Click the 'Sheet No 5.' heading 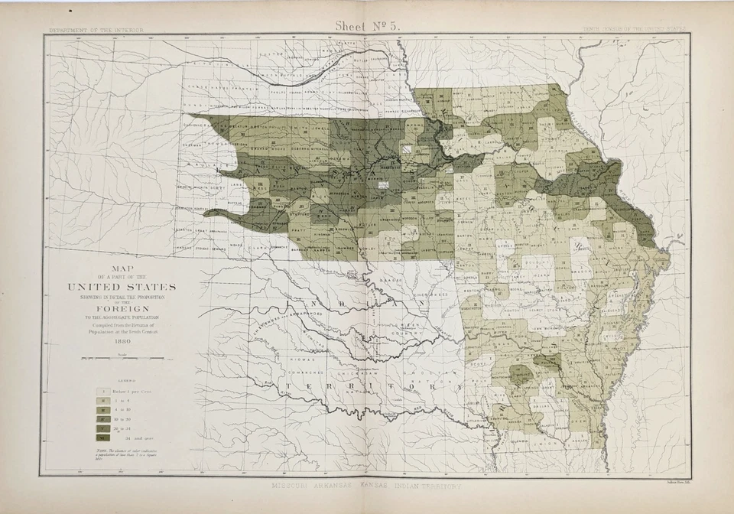click(x=367, y=25)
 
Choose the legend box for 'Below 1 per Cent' click(x=101, y=389)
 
